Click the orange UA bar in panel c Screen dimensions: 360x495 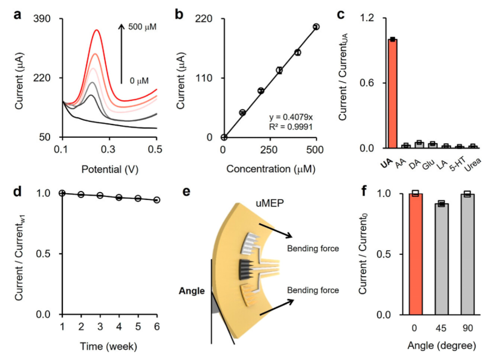(392, 94)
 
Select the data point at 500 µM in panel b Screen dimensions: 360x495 (316, 27)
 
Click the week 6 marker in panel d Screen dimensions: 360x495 (157, 199)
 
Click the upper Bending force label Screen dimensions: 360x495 (312, 248)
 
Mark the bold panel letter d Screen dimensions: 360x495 (18, 191)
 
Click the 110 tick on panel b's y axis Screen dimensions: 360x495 (209, 78)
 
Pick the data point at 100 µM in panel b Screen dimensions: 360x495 (242, 112)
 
